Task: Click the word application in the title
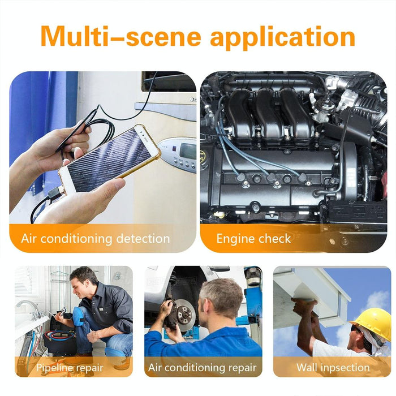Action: (x=283, y=36)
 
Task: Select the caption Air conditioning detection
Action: (x=96, y=238)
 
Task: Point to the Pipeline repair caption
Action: (x=70, y=368)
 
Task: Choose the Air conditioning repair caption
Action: (x=203, y=368)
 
